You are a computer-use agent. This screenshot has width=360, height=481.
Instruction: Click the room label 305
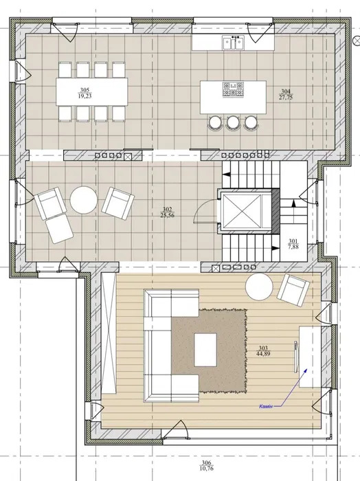pyautogui.click(x=85, y=90)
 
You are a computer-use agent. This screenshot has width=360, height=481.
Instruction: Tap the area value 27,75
pyautogui.click(x=286, y=98)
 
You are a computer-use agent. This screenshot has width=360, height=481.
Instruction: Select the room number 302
pyautogui.click(x=167, y=210)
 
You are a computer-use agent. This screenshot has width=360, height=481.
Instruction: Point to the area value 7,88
pyautogui.click(x=293, y=247)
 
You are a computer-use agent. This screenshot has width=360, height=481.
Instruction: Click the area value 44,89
pyautogui.click(x=263, y=353)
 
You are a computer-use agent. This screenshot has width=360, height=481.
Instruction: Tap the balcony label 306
pyautogui.click(x=207, y=462)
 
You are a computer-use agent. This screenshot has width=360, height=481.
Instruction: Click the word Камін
pyautogui.click(x=266, y=407)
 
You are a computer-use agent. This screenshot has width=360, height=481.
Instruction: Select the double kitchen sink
pyautogui.click(x=234, y=43)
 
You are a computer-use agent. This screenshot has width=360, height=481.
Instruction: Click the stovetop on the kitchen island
pyautogui.click(x=233, y=89)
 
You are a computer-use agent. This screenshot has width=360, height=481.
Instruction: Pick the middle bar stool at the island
pyautogui.click(x=233, y=122)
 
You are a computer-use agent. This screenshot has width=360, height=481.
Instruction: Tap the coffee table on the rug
pyautogui.click(x=205, y=350)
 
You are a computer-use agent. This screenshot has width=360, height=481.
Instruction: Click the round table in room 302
pyautogui.click(x=83, y=200)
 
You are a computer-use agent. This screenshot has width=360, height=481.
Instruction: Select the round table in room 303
pyautogui.click(x=259, y=287)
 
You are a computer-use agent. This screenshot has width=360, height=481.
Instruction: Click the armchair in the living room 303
pyautogui.click(x=293, y=290)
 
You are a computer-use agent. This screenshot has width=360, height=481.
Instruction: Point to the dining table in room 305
pyautogui.click(x=91, y=91)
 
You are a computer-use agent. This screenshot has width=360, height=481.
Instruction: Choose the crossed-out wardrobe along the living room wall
pyautogui.click(x=109, y=333)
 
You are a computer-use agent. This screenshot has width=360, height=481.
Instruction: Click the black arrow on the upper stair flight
pyautogui.click(x=226, y=175)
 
